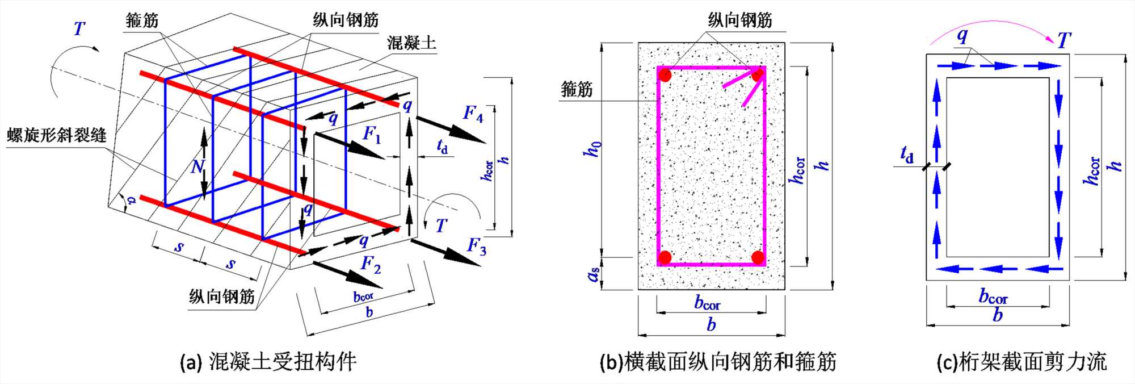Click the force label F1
point(372,135)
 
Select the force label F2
point(371,264)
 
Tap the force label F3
point(476,247)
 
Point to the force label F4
point(473,114)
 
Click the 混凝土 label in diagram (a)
point(411,43)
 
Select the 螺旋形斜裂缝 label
point(57,135)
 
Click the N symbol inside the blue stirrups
point(196,166)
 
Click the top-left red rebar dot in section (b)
point(665,75)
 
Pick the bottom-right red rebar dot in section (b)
point(758,257)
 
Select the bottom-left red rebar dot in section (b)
point(665,257)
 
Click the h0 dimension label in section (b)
point(592,150)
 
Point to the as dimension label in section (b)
point(594,275)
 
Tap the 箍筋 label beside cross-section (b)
point(576,89)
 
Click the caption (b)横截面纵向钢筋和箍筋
point(717,362)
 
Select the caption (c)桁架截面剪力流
point(1021,362)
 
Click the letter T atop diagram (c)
point(1063,41)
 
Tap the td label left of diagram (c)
point(907,155)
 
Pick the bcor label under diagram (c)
point(993,297)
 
